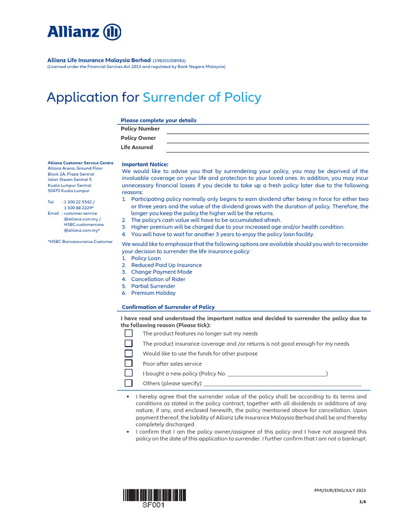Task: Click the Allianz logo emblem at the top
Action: tap(112, 32)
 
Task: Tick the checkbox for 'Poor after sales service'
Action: tap(129, 363)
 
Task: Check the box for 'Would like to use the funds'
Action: tap(129, 353)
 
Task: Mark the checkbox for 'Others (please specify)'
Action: tap(129, 383)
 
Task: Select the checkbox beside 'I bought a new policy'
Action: tap(129, 373)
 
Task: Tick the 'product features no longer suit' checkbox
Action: tap(129, 333)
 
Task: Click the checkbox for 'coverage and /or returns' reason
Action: tap(129, 343)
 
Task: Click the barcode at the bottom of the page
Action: tap(154, 495)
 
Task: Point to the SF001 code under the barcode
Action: tap(154, 505)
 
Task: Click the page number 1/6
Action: tap(363, 502)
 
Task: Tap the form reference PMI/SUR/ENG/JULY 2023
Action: tap(340, 491)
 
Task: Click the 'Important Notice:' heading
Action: tap(142, 164)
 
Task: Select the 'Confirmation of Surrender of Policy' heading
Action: tap(168, 307)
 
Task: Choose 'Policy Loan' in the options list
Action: tap(146, 258)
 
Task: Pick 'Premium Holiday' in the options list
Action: tap(153, 293)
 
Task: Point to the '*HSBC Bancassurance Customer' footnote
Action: tap(80, 241)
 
